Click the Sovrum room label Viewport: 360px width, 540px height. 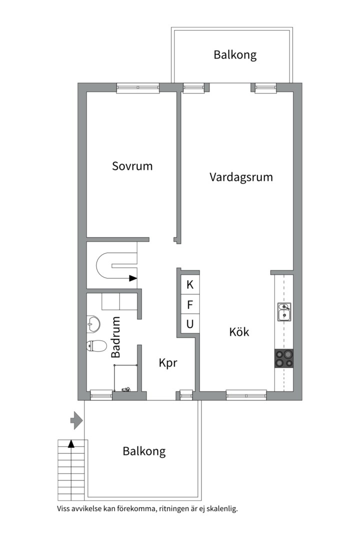(132, 166)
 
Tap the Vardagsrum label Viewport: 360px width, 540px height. (241, 177)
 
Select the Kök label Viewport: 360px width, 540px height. (239, 332)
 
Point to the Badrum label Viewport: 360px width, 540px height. (116, 336)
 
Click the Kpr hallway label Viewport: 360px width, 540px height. (168, 363)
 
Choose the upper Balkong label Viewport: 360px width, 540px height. (235, 54)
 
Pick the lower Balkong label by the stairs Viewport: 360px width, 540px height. (144, 451)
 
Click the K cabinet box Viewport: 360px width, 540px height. (190, 285)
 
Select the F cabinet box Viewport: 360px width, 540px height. (190, 304)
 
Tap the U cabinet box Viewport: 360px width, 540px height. (190, 324)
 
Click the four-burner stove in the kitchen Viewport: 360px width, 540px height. (283, 359)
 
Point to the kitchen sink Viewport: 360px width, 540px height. (283, 311)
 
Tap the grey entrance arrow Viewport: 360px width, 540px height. (76, 420)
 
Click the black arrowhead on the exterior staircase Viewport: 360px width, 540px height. (71, 443)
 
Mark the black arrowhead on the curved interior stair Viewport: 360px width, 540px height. (133, 278)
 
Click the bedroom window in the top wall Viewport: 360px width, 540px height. (137, 88)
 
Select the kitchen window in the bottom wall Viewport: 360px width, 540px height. (246, 395)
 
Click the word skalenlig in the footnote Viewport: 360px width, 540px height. (221, 509)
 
